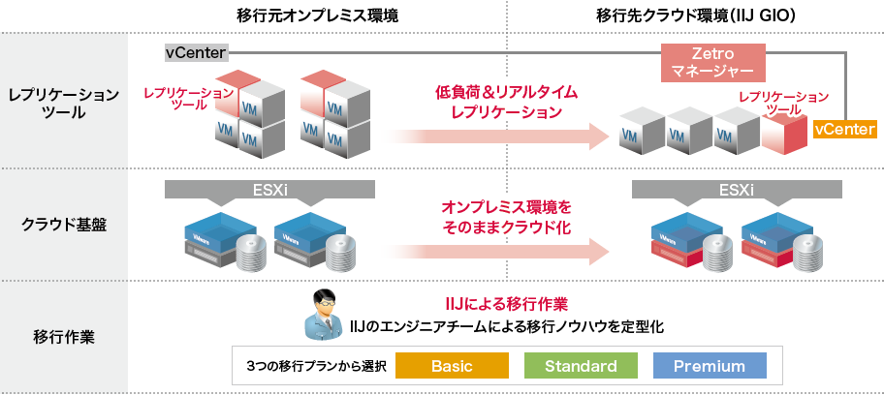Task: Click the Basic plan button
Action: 451,366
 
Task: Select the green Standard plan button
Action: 581,366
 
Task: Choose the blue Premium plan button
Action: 709,366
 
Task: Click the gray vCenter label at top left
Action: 196,52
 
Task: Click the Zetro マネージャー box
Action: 712,62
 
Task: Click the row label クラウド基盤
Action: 64,225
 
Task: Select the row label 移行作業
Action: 64,338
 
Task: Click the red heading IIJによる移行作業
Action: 506,304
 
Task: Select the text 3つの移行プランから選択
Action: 316,366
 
